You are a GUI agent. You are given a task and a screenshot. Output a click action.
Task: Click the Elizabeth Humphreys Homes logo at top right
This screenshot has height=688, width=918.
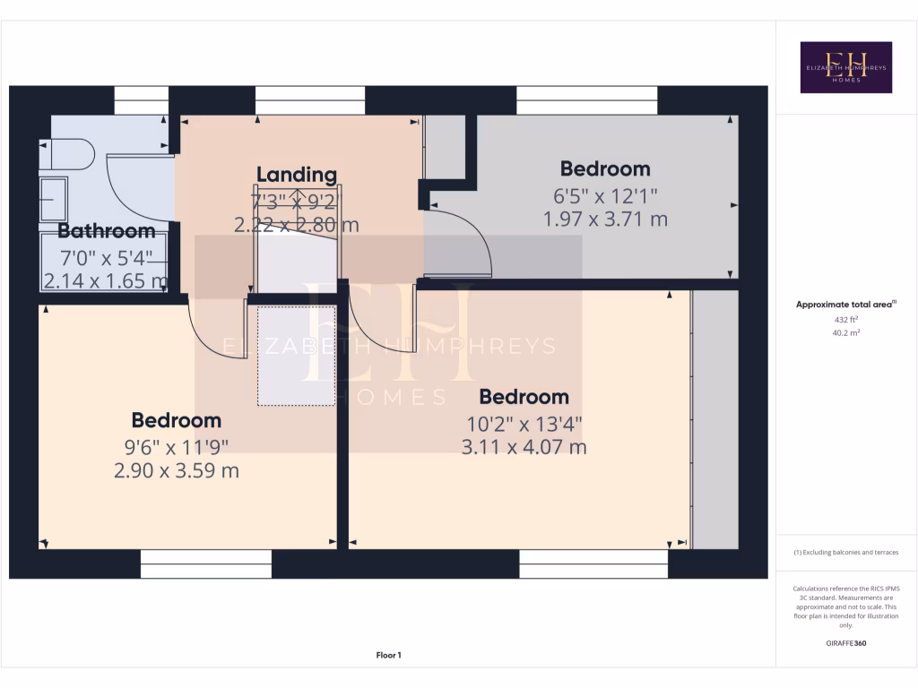(845, 67)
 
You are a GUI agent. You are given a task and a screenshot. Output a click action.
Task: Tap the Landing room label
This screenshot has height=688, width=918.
(297, 175)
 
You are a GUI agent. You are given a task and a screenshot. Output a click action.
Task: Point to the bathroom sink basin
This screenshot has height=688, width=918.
(53, 199)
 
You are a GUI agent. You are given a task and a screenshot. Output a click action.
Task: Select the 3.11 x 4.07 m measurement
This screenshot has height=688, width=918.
(524, 446)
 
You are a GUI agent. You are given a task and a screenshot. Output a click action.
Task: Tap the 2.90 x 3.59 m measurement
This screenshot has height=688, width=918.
(177, 469)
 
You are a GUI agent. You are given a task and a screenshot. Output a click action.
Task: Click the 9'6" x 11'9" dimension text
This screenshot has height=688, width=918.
(177, 445)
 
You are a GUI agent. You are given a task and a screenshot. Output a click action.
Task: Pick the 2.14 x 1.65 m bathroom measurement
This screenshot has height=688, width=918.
(105, 281)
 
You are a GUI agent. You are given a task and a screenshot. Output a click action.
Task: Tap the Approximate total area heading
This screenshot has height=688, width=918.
(845, 305)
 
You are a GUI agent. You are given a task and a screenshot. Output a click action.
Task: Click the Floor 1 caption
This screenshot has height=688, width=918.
(388, 656)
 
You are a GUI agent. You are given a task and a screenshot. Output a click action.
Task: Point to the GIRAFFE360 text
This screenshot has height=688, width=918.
(846, 643)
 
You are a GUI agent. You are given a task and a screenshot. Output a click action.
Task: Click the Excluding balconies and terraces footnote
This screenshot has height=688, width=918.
(845, 553)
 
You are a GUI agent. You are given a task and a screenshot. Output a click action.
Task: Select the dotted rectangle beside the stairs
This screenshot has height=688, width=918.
(297, 356)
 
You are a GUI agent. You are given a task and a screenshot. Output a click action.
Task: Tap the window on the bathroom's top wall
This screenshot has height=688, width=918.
(141, 99)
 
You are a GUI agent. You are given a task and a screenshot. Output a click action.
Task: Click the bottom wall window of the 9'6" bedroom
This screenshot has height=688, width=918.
(206, 564)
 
